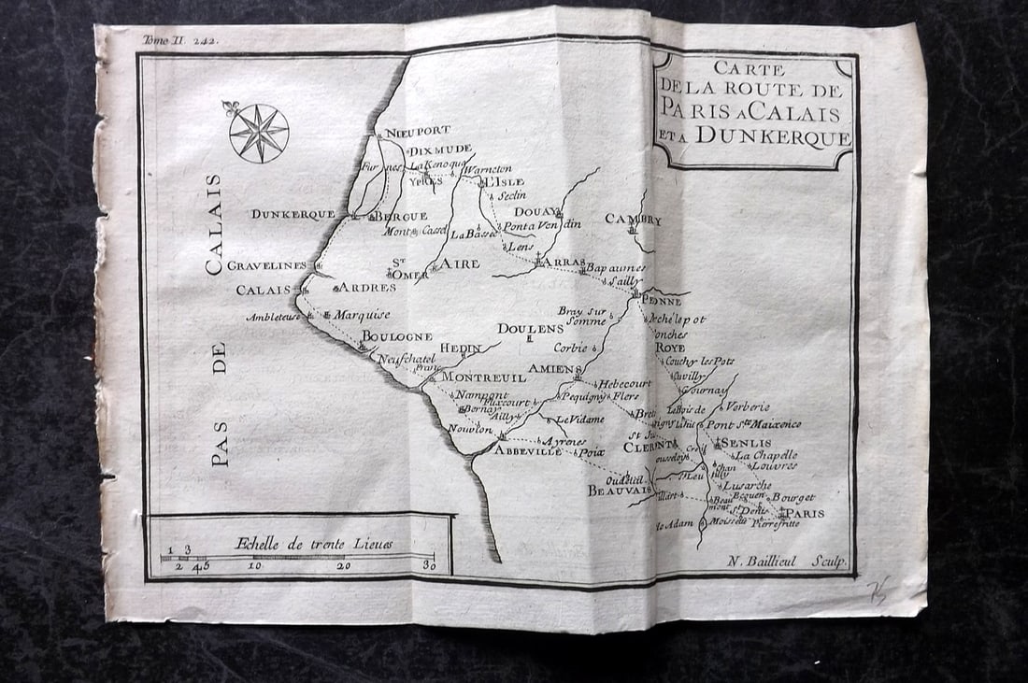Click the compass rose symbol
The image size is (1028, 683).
click(259, 133)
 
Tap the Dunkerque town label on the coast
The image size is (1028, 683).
click(293, 214)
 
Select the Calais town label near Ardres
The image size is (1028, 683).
click(264, 290)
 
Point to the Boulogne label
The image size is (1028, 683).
click(397, 336)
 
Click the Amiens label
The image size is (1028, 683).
click(555, 369)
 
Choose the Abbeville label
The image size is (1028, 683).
click(528, 450)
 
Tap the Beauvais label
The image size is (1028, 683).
click(619, 490)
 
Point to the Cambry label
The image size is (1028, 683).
click(633, 221)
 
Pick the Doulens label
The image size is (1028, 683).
click(530, 329)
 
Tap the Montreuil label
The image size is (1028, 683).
click(483, 377)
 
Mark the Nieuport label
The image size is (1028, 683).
click(418, 131)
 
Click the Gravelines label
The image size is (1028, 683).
click(267, 265)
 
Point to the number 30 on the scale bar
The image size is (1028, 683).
click(429, 564)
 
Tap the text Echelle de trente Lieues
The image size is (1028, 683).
click(313, 544)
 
